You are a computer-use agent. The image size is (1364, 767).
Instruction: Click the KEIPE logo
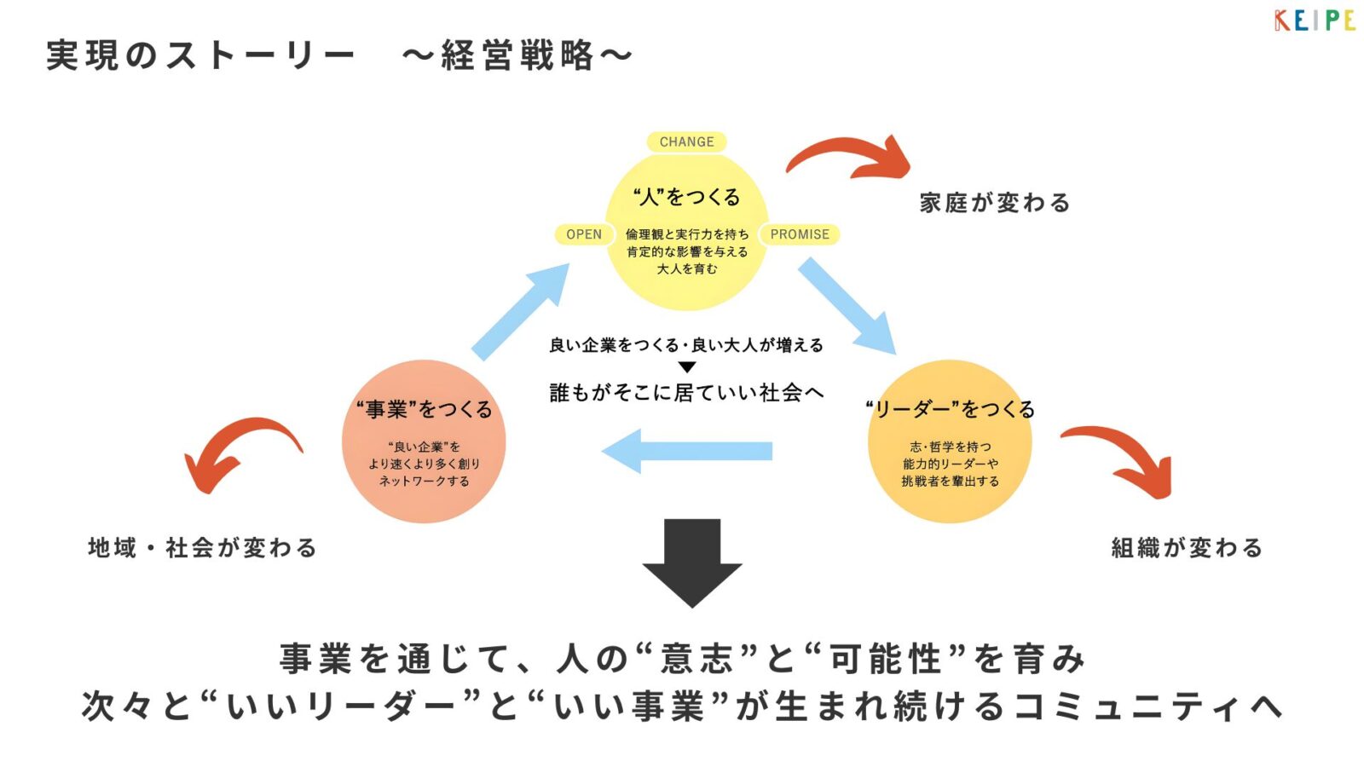click(x=1314, y=20)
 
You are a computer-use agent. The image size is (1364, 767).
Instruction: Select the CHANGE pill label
click(x=686, y=141)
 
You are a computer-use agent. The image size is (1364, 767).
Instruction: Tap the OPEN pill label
click(x=584, y=234)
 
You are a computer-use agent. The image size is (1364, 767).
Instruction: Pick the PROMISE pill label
click(x=800, y=234)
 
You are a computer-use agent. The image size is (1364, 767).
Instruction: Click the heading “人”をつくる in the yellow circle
click(x=686, y=197)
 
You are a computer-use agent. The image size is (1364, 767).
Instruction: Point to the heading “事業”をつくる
click(x=424, y=409)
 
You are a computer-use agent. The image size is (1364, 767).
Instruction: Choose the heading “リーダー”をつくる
click(x=950, y=409)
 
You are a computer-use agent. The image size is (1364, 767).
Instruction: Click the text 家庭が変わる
click(x=994, y=203)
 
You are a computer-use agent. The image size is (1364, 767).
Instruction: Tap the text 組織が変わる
click(x=1186, y=547)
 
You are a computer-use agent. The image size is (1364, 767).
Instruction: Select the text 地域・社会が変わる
click(x=203, y=547)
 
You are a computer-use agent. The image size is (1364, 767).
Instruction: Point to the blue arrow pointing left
click(x=686, y=451)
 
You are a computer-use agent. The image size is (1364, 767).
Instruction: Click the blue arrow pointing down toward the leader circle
click(x=847, y=305)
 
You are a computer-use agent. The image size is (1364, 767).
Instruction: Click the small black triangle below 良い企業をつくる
click(x=687, y=367)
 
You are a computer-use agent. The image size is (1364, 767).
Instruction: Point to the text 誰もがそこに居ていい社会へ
click(x=686, y=392)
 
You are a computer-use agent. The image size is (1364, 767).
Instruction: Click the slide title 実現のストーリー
click(x=200, y=55)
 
